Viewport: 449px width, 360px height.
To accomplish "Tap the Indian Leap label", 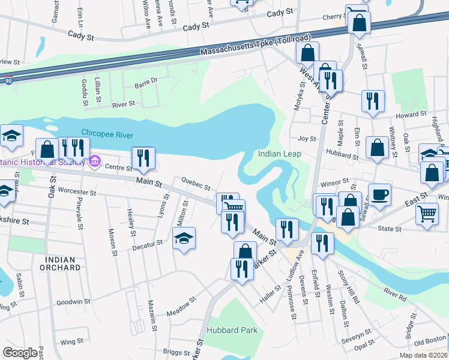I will (x=280, y=154).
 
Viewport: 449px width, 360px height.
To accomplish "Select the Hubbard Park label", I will (x=232, y=330).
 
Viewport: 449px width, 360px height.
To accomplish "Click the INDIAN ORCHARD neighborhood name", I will (x=61, y=263).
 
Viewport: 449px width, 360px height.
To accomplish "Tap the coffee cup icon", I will (x=379, y=196).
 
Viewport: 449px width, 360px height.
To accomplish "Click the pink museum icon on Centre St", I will (x=94, y=161).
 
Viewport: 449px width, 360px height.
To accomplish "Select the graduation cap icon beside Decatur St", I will (x=184, y=239).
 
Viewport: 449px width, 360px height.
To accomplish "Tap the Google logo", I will (x=20, y=353).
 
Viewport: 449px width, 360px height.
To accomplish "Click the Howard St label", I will (x=414, y=113).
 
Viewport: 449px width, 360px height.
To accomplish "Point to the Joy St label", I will (x=307, y=139).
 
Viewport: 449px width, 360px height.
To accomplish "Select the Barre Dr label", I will (x=145, y=80).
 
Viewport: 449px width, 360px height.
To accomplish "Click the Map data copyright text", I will (x=423, y=355).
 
